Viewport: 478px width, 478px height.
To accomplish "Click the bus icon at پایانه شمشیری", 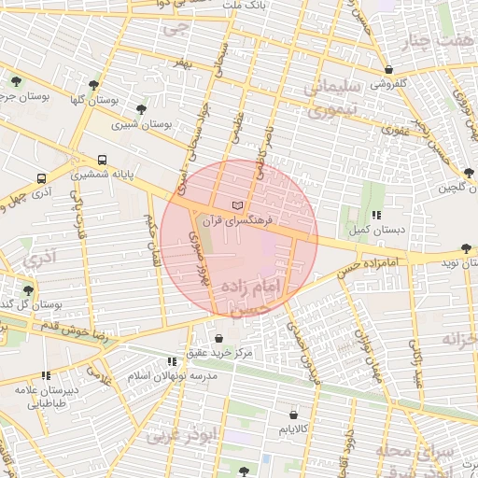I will tap(101, 160).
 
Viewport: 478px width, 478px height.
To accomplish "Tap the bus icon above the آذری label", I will tap(41, 177).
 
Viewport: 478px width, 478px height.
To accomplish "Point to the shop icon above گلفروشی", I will tap(388, 69).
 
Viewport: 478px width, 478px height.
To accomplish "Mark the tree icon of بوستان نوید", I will tap(465, 248).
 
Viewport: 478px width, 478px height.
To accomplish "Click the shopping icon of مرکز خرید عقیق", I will tap(218, 338).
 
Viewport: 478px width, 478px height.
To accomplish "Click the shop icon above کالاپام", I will tap(294, 414).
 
